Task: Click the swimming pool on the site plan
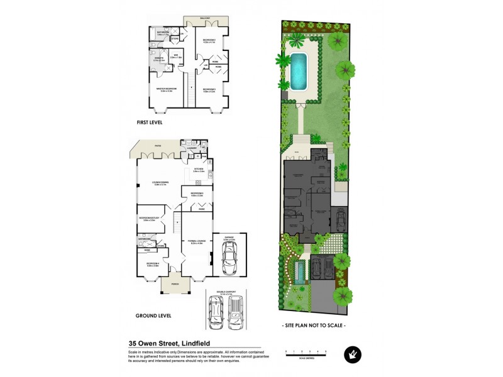(x=297, y=71)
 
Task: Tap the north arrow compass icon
(x=352, y=355)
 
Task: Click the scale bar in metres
(x=306, y=354)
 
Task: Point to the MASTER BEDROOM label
(x=166, y=89)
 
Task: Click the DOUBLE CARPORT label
(x=226, y=292)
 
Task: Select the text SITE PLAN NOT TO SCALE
(x=314, y=325)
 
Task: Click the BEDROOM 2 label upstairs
(x=209, y=41)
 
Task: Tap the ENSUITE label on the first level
(x=158, y=58)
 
